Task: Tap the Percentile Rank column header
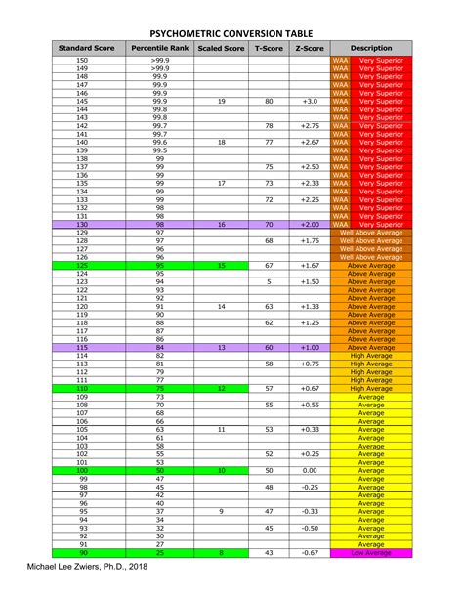(x=159, y=48)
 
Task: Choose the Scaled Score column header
(x=221, y=48)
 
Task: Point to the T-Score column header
(x=269, y=48)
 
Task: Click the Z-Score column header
(x=310, y=48)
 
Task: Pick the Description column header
(x=371, y=48)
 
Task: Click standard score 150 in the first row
(x=82, y=61)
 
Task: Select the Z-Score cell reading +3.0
(x=310, y=102)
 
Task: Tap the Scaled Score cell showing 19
(x=221, y=102)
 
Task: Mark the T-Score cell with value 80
(x=269, y=102)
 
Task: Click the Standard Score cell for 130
(x=82, y=225)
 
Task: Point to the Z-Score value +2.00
(x=310, y=225)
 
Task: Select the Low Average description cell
(x=371, y=553)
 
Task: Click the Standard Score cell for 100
(x=82, y=471)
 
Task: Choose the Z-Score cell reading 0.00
(x=310, y=471)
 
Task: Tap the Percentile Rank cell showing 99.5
(x=159, y=150)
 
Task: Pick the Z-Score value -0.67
(x=310, y=553)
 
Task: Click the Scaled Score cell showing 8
(x=221, y=553)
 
